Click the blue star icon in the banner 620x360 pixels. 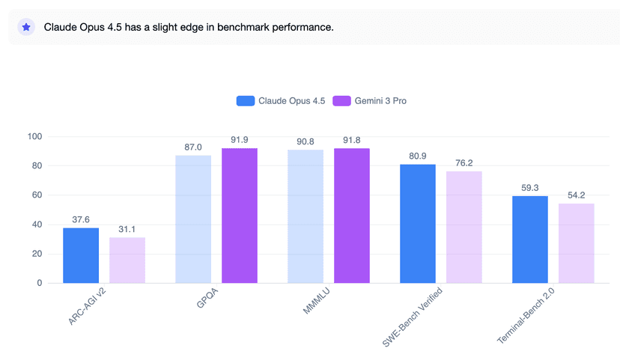point(26,27)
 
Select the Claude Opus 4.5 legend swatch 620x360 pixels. point(245,101)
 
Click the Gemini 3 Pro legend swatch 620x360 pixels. point(341,101)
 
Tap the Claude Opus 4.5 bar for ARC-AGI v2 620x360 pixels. point(81,255)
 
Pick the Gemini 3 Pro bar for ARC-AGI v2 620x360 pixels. point(127,260)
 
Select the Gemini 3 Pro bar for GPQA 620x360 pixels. point(240,216)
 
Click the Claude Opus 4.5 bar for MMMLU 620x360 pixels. point(306,216)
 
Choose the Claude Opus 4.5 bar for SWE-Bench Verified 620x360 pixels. point(418,224)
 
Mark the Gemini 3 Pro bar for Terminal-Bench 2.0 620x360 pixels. point(577,243)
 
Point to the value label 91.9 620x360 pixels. point(240,139)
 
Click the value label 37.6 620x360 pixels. point(81,219)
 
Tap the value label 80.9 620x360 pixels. point(418,156)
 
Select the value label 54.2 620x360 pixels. point(577,195)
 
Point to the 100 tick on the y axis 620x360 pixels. point(34,136)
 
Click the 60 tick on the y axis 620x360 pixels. point(37,195)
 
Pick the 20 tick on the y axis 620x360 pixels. point(37,254)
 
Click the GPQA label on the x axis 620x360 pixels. point(207,298)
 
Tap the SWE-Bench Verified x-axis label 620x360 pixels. point(413,317)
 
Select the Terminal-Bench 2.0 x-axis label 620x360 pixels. point(526,315)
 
